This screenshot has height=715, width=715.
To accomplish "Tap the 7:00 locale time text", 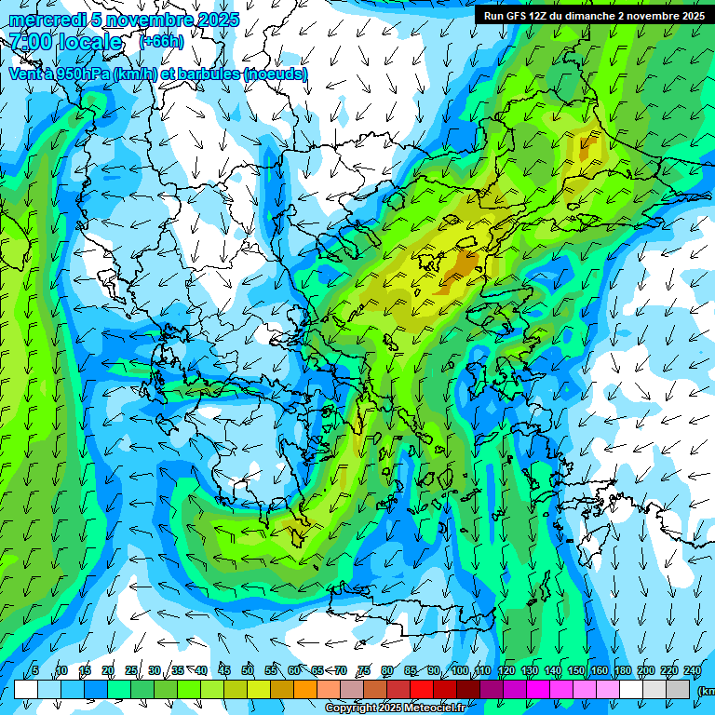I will (x=65, y=42).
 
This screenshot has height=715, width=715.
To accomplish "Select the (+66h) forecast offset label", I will (x=161, y=42).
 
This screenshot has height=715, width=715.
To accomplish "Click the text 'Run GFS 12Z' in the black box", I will (x=517, y=16).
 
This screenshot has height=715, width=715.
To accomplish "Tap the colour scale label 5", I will (x=35, y=671).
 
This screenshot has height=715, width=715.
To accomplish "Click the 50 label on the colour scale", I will (x=248, y=671).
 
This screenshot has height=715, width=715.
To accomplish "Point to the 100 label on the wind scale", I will (x=460, y=671).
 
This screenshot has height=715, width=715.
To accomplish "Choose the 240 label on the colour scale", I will (x=693, y=671).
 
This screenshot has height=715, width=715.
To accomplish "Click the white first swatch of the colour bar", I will (x=26, y=689).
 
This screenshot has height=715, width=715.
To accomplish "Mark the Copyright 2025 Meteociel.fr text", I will (x=395, y=708).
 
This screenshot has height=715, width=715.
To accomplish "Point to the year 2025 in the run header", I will (x=691, y=16).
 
